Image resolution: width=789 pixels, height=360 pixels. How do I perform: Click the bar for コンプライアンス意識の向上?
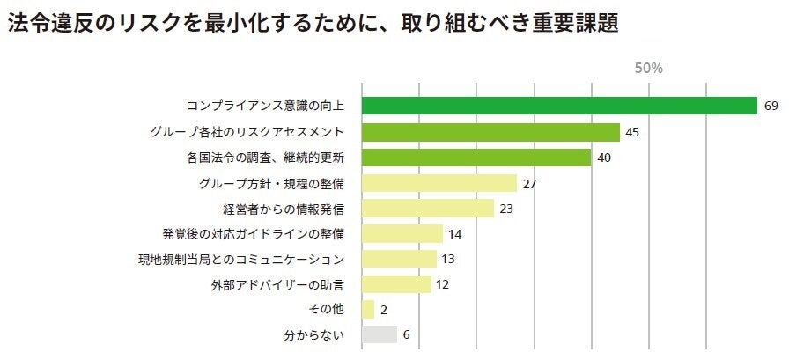(x=559, y=107)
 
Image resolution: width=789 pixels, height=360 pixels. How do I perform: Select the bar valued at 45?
(x=490, y=132)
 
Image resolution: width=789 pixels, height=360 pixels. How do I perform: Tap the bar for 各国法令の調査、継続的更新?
(x=476, y=158)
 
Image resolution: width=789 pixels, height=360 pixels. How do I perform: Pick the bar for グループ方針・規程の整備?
(x=439, y=183)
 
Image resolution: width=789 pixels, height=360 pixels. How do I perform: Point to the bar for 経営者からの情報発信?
(x=427, y=209)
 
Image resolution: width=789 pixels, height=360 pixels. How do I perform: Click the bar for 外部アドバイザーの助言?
(x=396, y=284)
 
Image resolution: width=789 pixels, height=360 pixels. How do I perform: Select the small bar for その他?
(x=368, y=309)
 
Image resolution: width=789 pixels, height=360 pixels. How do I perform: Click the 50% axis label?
(x=648, y=68)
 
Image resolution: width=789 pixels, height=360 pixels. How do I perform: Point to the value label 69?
(x=771, y=107)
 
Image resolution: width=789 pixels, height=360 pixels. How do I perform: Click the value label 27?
(x=529, y=183)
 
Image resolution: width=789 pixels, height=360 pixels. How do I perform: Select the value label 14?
(x=455, y=234)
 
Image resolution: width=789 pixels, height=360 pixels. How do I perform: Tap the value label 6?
(x=407, y=334)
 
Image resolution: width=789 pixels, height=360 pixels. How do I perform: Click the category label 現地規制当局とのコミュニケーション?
(x=240, y=259)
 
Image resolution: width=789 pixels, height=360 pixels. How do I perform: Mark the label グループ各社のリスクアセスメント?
(x=247, y=132)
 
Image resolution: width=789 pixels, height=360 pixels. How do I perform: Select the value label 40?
(x=604, y=158)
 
